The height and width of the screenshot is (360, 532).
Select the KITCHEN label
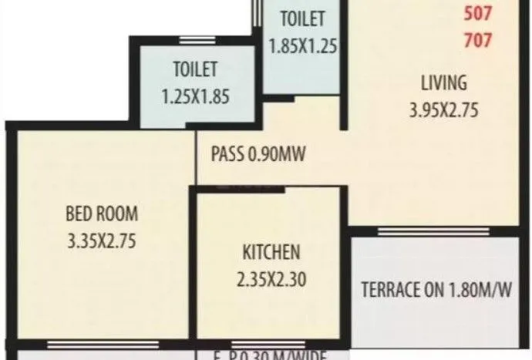pos(271,252)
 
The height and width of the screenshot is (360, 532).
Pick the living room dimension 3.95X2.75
pos(444,110)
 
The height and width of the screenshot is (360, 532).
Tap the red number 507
pos(479,13)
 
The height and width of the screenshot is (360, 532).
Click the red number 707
pos(479,40)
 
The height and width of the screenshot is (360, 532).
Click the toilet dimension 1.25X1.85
pos(196,98)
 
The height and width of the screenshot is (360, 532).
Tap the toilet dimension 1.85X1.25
pos(303,45)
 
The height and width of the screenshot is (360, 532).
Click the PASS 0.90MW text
pos(259,153)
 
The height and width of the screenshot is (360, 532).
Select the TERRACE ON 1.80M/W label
pos(436,291)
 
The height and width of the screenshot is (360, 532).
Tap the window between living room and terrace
pos(432,230)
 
